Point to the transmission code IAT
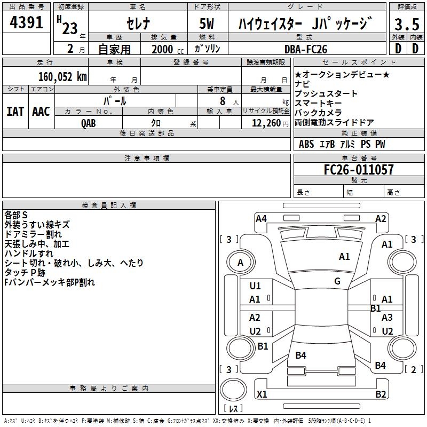point(15,112)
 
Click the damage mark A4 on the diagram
point(261,218)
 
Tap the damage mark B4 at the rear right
point(380,365)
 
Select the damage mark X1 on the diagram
point(262,394)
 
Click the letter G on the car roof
point(337,281)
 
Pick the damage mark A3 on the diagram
point(387,317)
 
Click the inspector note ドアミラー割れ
point(33,234)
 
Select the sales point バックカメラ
point(318,113)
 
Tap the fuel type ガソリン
point(208,49)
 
